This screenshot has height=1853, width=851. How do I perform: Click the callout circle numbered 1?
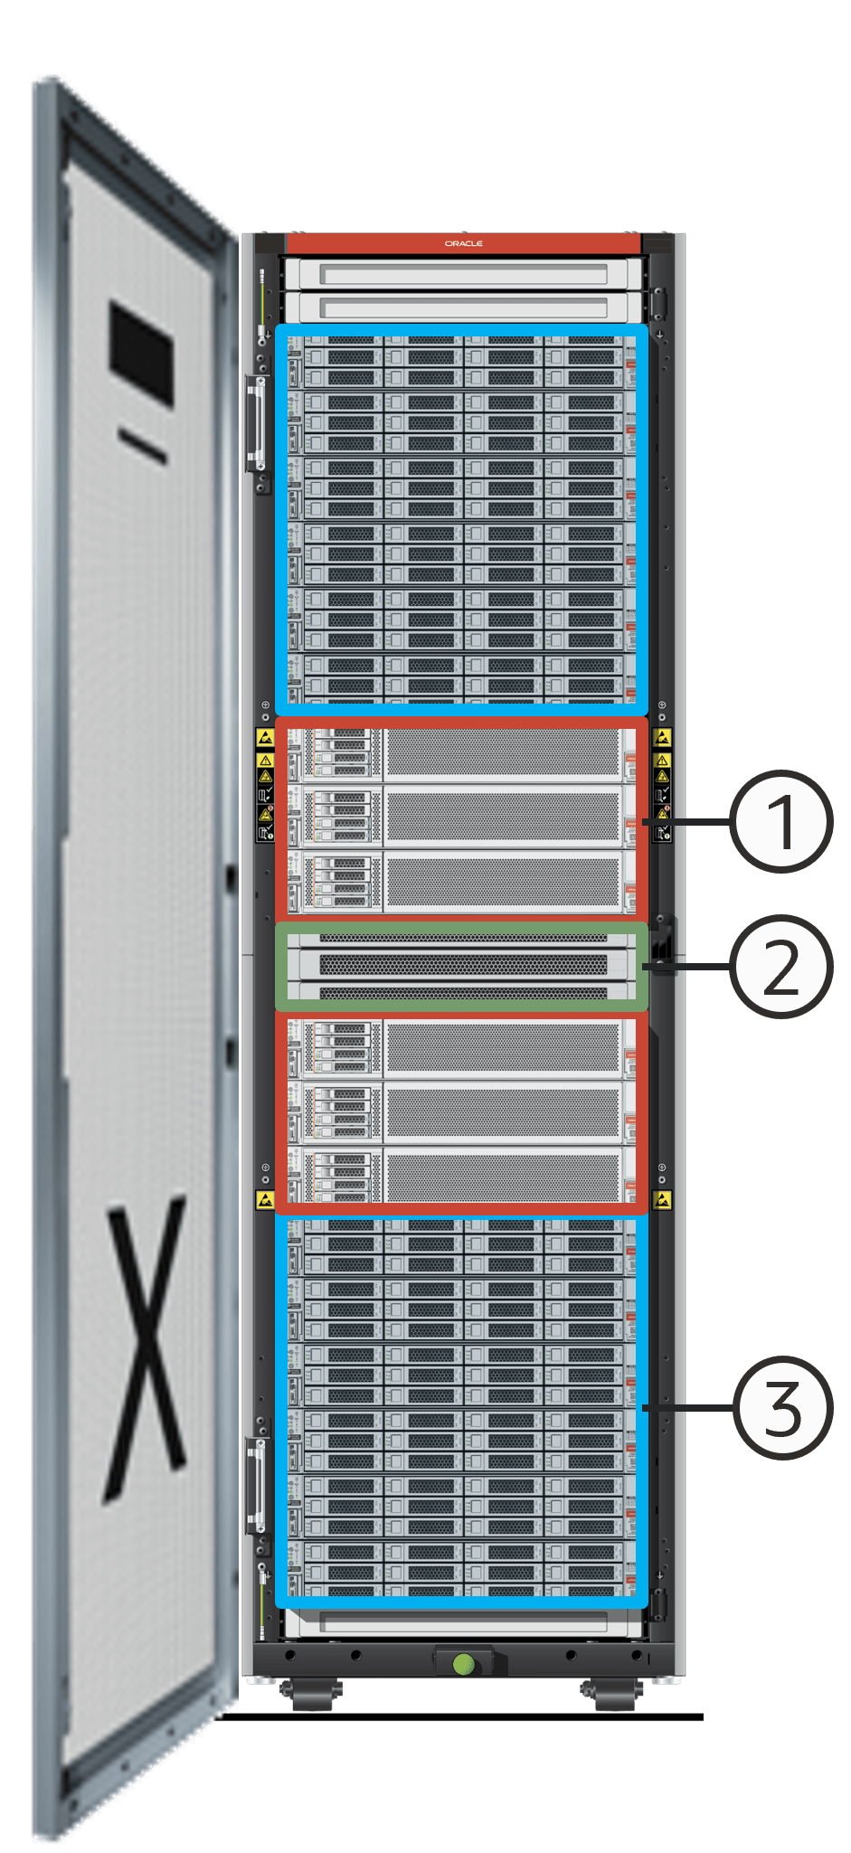[x=780, y=821]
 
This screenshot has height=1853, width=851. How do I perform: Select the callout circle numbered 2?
[x=780, y=966]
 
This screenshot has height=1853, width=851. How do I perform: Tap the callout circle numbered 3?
[x=780, y=1407]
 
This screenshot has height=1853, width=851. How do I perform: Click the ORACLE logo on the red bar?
[x=463, y=243]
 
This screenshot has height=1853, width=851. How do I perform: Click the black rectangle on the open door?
[x=142, y=354]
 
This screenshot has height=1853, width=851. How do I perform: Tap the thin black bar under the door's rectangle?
[x=142, y=446]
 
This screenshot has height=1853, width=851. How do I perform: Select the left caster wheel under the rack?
[x=310, y=1694]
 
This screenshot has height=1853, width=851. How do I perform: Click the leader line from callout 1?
[x=687, y=822]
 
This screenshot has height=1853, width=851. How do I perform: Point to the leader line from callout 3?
[x=687, y=1408]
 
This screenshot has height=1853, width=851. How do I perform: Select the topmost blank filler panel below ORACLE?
[x=463, y=274]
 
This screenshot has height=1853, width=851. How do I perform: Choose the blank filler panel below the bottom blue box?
[x=463, y=1623]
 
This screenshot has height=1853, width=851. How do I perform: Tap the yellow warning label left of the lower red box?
[x=265, y=1200]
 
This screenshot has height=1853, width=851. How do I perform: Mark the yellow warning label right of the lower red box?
[x=663, y=1200]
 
